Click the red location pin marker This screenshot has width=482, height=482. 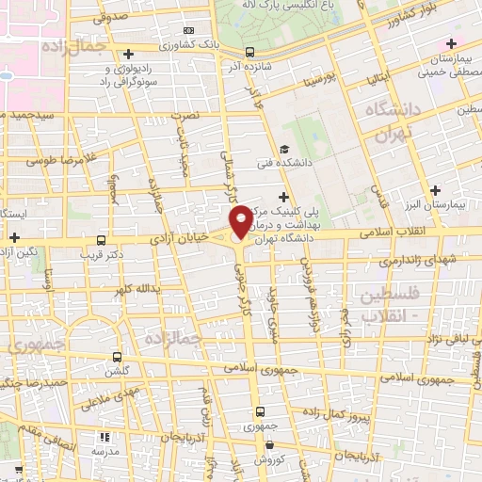pyautogui.click(x=242, y=220)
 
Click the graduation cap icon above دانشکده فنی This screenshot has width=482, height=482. pyautogui.click(x=283, y=149)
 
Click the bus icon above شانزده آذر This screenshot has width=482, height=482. pyautogui.click(x=249, y=52)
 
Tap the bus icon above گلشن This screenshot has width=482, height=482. pyautogui.click(x=117, y=357)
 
